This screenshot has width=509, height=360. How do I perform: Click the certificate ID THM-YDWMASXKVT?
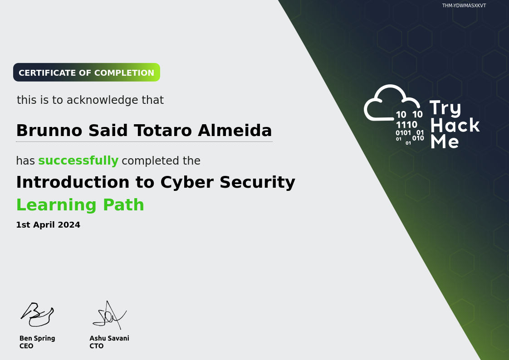(464, 5)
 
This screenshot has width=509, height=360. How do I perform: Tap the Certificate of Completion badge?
(87, 73)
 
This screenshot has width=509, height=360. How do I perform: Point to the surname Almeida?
(235, 131)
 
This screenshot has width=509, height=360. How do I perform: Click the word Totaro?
(162, 131)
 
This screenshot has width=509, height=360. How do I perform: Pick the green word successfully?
(78, 161)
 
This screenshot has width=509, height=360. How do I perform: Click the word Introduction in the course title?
(73, 182)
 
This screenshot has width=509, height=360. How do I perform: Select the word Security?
(257, 183)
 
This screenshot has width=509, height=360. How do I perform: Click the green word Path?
(123, 204)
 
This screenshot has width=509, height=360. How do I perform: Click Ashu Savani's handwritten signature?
(109, 315)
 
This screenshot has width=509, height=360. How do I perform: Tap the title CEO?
(26, 346)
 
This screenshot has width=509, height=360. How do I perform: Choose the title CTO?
(97, 346)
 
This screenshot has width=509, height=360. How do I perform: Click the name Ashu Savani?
(109, 338)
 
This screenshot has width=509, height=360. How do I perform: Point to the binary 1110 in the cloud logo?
(406, 125)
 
